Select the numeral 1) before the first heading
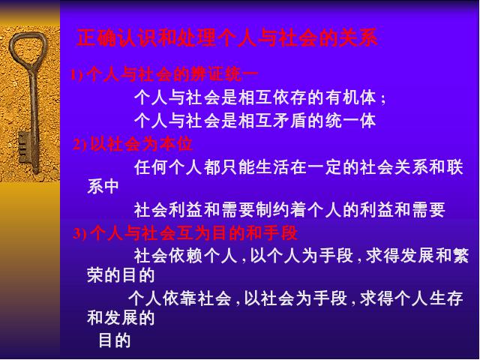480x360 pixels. pyautogui.click(x=76, y=75)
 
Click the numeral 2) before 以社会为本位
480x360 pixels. pyautogui.click(x=80, y=145)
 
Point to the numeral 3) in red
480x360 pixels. pyautogui.click(x=80, y=234)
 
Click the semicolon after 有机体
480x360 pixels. pyautogui.click(x=383, y=100)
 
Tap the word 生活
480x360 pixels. pyautogui.click(x=272, y=167)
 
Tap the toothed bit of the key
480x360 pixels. pyautogui.click(x=24, y=148)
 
